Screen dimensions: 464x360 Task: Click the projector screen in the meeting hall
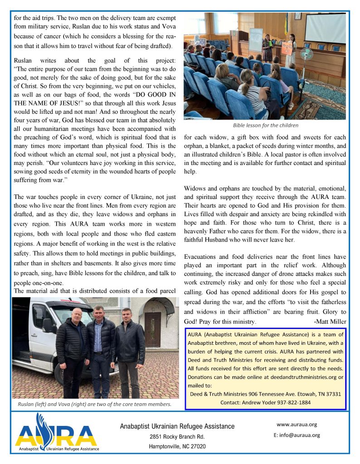click(325, 28)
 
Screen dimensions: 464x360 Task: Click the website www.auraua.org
click(297, 425)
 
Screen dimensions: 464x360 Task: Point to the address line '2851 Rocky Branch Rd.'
click(177, 437)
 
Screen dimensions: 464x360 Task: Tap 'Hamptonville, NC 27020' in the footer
click(177, 446)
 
